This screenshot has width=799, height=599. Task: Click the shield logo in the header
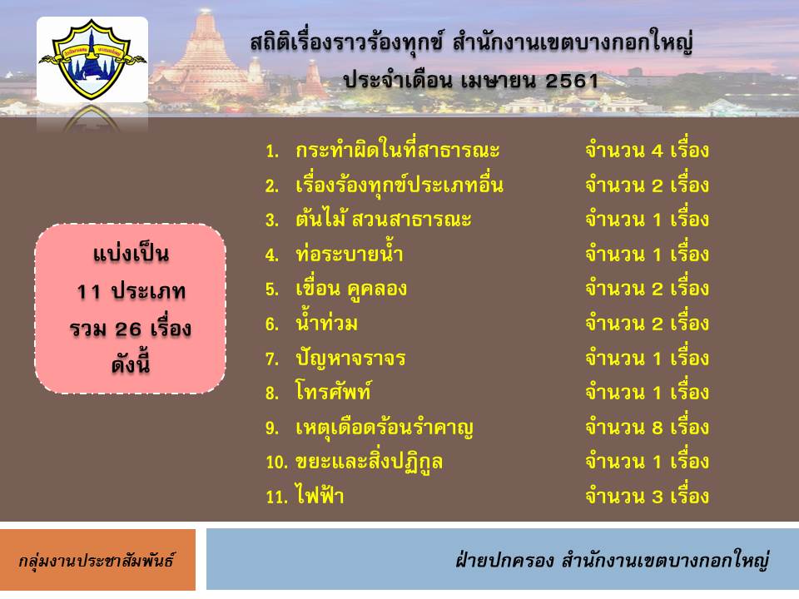coord(92,59)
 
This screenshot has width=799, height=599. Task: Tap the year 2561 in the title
coord(572,81)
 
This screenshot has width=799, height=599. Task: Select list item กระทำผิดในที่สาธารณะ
coord(398,151)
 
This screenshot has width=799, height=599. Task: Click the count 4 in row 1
coord(658,151)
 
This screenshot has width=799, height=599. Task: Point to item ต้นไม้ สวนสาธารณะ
coord(383,219)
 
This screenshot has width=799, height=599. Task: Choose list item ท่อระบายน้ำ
coord(350,253)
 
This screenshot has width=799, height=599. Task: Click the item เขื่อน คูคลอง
coord(351,289)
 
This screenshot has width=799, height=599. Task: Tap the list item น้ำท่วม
coord(326,323)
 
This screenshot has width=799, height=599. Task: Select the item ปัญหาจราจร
coord(350,359)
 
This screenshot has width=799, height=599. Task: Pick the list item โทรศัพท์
coord(333,392)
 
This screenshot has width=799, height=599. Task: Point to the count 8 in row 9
coord(658,428)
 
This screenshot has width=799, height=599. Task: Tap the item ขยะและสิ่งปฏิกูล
coord(369,463)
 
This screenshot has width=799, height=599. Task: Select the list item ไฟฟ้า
coord(320,496)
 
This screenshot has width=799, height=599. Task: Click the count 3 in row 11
coord(658,497)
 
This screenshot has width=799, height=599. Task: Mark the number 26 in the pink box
coord(128,329)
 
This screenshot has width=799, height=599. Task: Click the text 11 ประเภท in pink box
coord(131,291)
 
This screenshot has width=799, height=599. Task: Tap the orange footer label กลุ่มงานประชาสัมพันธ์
coord(97,560)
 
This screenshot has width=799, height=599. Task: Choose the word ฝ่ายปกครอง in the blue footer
coord(504,560)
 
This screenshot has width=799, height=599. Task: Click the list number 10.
coord(276,462)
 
